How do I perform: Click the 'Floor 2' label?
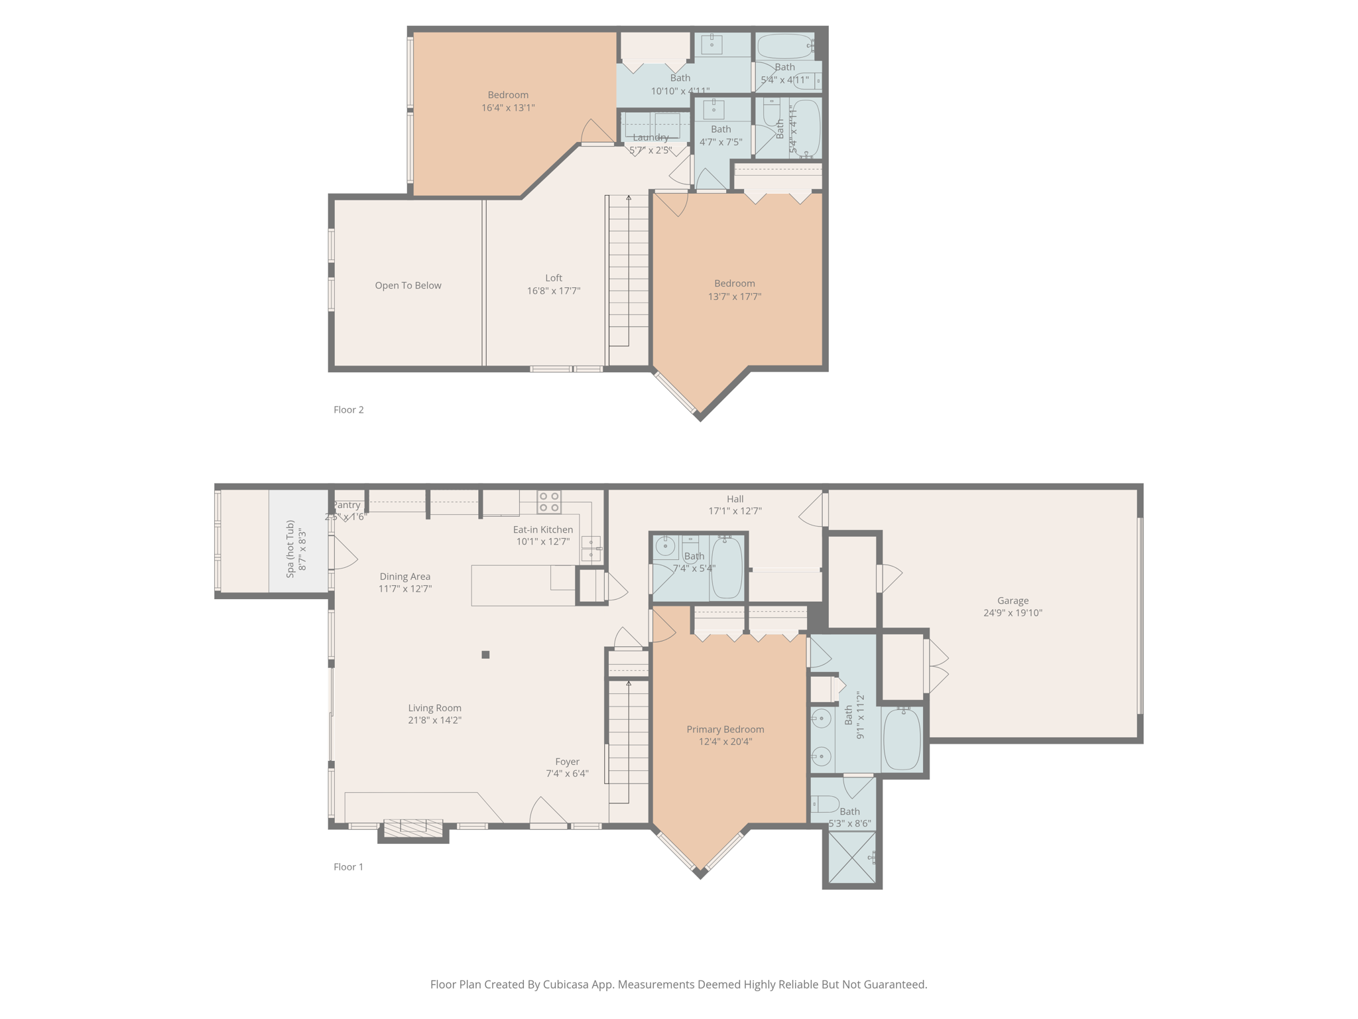click(348, 409)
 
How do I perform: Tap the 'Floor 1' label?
click(348, 866)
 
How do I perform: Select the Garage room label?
click(1012, 600)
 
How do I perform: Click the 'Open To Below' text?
click(408, 285)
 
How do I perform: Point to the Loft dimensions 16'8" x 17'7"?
click(553, 291)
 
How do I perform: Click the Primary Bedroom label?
click(725, 729)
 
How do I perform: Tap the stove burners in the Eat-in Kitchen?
click(548, 502)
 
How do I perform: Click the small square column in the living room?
click(485, 655)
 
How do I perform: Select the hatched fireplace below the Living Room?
click(413, 827)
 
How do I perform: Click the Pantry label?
click(347, 505)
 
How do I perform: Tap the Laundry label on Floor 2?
click(650, 137)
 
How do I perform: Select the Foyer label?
click(567, 762)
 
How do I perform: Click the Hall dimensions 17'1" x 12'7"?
click(735, 511)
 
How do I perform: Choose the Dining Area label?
click(404, 577)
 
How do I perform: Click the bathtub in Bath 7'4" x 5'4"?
click(727, 567)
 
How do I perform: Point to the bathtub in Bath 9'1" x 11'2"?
click(902, 738)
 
